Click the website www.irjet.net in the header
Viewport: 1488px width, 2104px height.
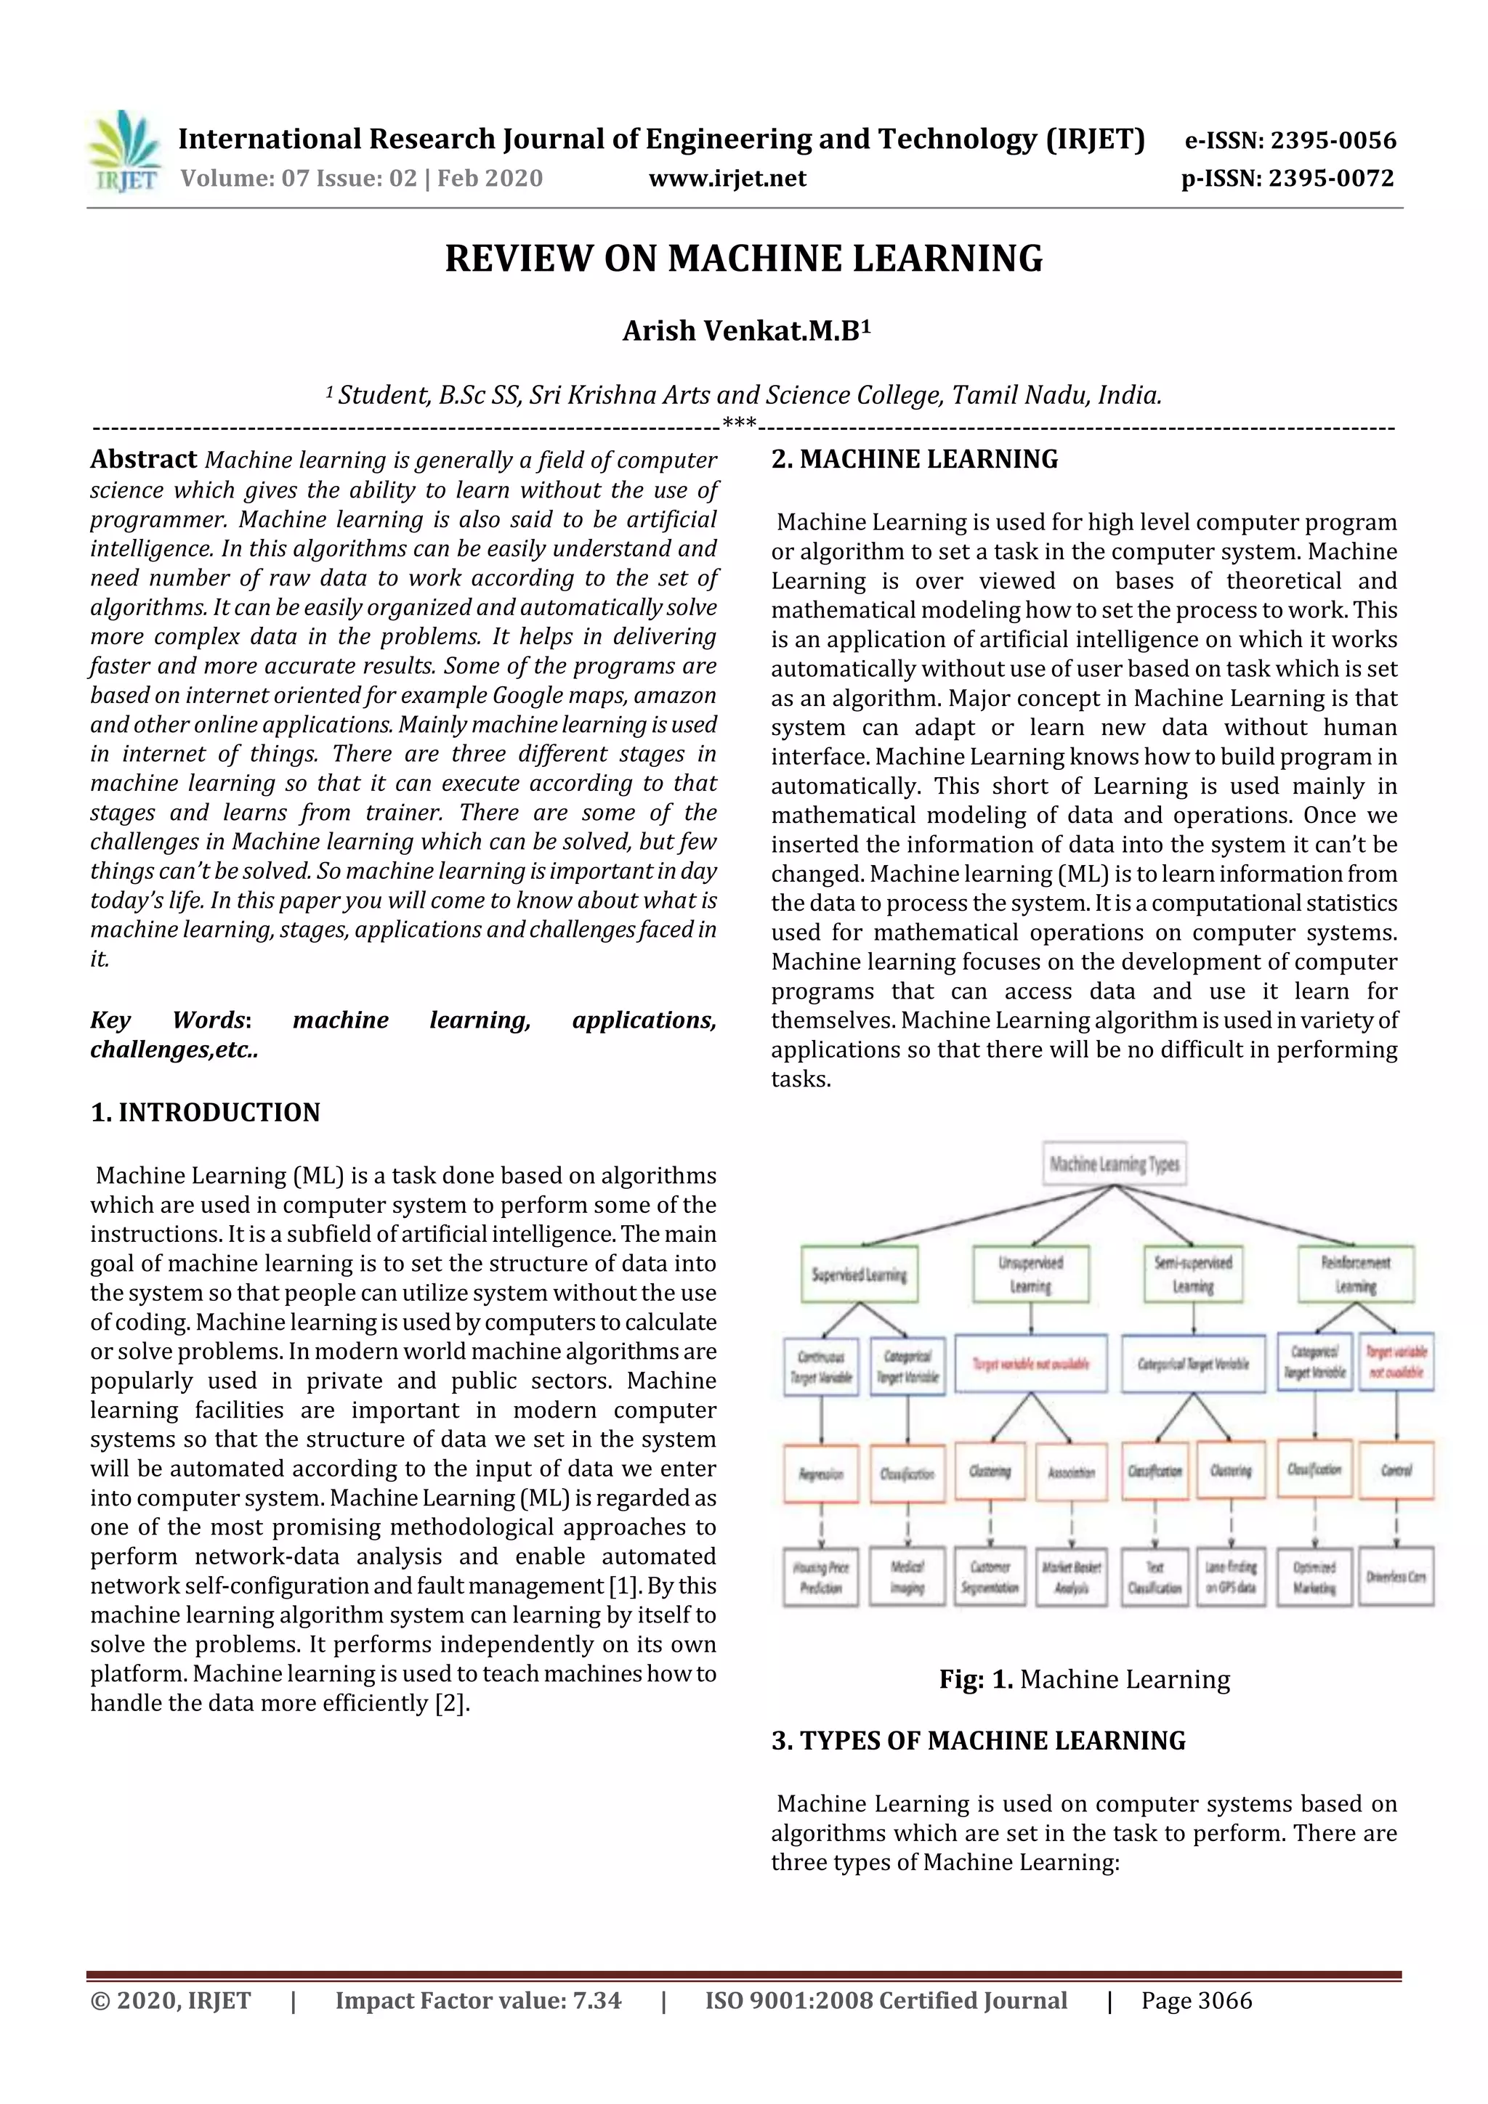pos(727,179)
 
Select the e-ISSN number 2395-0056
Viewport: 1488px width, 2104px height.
pos(1332,140)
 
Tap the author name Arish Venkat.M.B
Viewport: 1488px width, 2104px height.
pos(745,330)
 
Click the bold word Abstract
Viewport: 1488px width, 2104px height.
pos(143,459)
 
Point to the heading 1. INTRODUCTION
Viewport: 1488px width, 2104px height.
pos(206,1113)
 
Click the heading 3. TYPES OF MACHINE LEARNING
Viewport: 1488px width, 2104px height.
pos(978,1741)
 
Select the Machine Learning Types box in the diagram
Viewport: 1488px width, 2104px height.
pos(1114,1163)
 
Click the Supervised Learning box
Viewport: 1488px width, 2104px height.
pos(859,1275)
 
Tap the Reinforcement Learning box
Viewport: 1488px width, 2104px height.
pos(1355,1275)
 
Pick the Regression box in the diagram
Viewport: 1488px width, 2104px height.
pos(820,1474)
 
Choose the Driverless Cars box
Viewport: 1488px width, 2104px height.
pos(1396,1577)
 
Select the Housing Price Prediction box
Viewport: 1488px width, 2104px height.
pos(820,1577)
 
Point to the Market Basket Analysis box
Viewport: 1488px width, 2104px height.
pos(1071,1577)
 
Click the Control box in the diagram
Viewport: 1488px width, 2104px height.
pos(1396,1471)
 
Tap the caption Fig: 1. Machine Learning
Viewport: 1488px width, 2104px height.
pos(1084,1680)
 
